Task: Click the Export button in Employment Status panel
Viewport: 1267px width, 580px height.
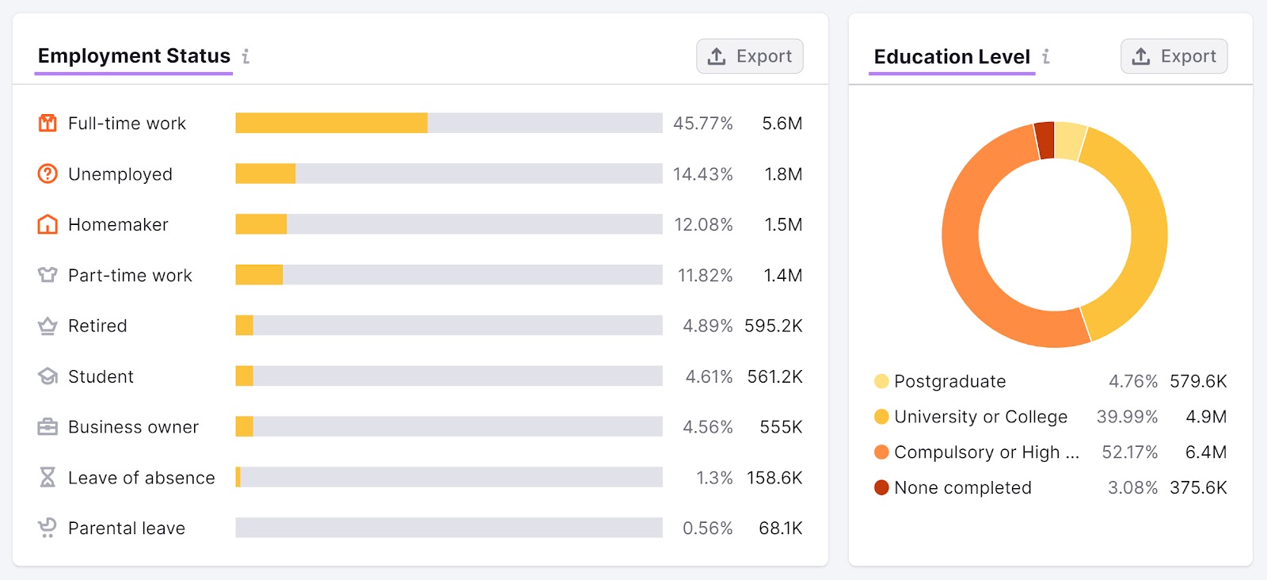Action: pyautogui.click(x=749, y=56)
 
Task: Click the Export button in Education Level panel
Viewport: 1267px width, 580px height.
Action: pyautogui.click(x=1174, y=56)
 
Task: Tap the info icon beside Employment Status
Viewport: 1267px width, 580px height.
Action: pyautogui.click(x=246, y=56)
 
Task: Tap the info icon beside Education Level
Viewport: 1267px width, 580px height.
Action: pyautogui.click(x=1046, y=56)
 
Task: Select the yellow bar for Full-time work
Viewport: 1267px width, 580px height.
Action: pyautogui.click(x=331, y=123)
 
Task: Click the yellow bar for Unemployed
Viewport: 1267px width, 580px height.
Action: pyautogui.click(x=265, y=174)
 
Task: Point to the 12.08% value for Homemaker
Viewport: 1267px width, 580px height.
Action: pyautogui.click(x=703, y=225)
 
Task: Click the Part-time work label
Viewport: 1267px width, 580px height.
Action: pyautogui.click(x=130, y=276)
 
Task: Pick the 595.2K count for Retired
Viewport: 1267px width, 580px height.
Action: pyautogui.click(x=773, y=326)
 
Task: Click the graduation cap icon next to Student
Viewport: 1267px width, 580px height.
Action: pyautogui.click(x=48, y=376)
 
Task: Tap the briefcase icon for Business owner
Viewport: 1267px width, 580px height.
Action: pyautogui.click(x=48, y=427)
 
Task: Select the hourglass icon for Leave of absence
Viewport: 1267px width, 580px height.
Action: pyautogui.click(x=48, y=477)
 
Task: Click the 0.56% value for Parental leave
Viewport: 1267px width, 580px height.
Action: pyautogui.click(x=707, y=528)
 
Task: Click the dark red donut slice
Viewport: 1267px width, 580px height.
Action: pyautogui.click(x=1045, y=140)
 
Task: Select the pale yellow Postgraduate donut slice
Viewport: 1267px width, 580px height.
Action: pyautogui.click(x=1069, y=141)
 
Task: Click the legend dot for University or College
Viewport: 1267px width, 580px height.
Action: pyautogui.click(x=881, y=417)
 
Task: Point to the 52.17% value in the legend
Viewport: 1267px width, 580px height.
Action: pyautogui.click(x=1129, y=452)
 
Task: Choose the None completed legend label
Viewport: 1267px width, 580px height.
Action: pyautogui.click(x=962, y=488)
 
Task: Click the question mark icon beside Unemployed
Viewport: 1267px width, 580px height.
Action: pyautogui.click(x=48, y=174)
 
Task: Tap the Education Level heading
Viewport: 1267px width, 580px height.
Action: pyautogui.click(x=952, y=57)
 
